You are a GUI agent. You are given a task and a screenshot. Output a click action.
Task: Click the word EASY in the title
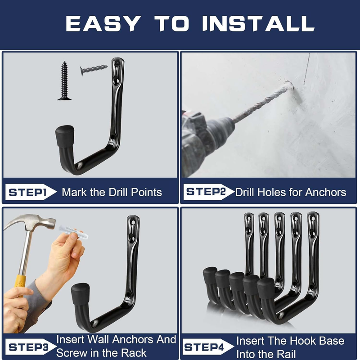tap(103, 23)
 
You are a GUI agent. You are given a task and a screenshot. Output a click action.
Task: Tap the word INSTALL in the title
tap(258, 23)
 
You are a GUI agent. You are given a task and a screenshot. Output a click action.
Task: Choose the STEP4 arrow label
tap(208, 346)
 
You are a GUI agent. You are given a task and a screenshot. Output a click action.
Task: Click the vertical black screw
tap(64, 81)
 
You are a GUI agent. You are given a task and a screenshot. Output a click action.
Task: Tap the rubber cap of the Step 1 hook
tap(65, 136)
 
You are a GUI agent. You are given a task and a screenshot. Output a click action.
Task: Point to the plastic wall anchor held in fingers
tap(73, 232)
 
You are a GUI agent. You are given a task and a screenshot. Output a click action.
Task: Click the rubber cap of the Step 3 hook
tap(81, 294)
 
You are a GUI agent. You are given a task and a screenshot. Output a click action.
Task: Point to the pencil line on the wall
tap(307, 69)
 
